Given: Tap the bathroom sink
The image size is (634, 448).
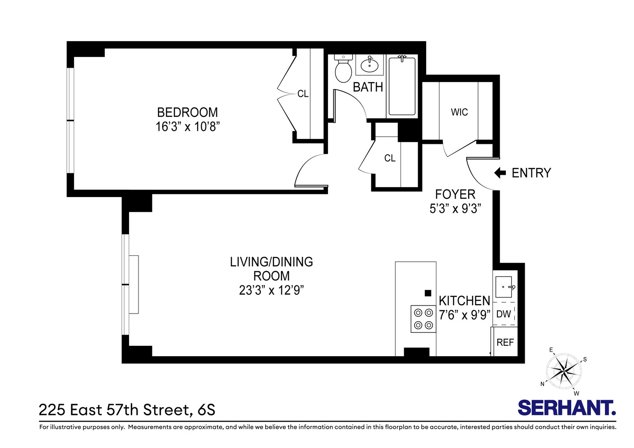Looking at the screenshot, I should tap(370, 65).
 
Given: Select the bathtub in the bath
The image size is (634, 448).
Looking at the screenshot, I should tap(402, 86).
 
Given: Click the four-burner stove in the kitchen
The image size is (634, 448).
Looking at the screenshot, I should tap(423, 319).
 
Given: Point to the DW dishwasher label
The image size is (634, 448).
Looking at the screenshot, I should tap(504, 314).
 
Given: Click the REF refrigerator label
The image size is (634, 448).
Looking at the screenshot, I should tap(505, 342).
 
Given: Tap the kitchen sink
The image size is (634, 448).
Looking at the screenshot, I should tap(504, 287).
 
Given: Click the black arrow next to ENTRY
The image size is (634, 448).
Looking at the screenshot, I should tap(500, 173).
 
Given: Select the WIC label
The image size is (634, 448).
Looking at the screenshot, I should tap(459, 112).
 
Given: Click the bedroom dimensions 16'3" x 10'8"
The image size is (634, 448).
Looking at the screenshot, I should tap(188, 127).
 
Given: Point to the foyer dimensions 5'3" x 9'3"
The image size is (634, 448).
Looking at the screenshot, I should tap(455, 209).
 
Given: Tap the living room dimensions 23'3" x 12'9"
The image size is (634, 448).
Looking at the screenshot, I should tap(272, 290).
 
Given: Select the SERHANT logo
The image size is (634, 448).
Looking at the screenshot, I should tap(567, 408).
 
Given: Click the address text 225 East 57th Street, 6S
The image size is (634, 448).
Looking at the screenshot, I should tap(127, 409).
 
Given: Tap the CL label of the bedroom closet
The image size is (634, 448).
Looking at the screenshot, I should tap(303, 94).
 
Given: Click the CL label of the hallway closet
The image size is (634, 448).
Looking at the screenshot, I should tap(390, 158).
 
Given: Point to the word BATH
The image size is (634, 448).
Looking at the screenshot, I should tap(368, 87).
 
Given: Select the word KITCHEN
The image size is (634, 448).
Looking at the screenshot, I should tap(464, 301).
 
